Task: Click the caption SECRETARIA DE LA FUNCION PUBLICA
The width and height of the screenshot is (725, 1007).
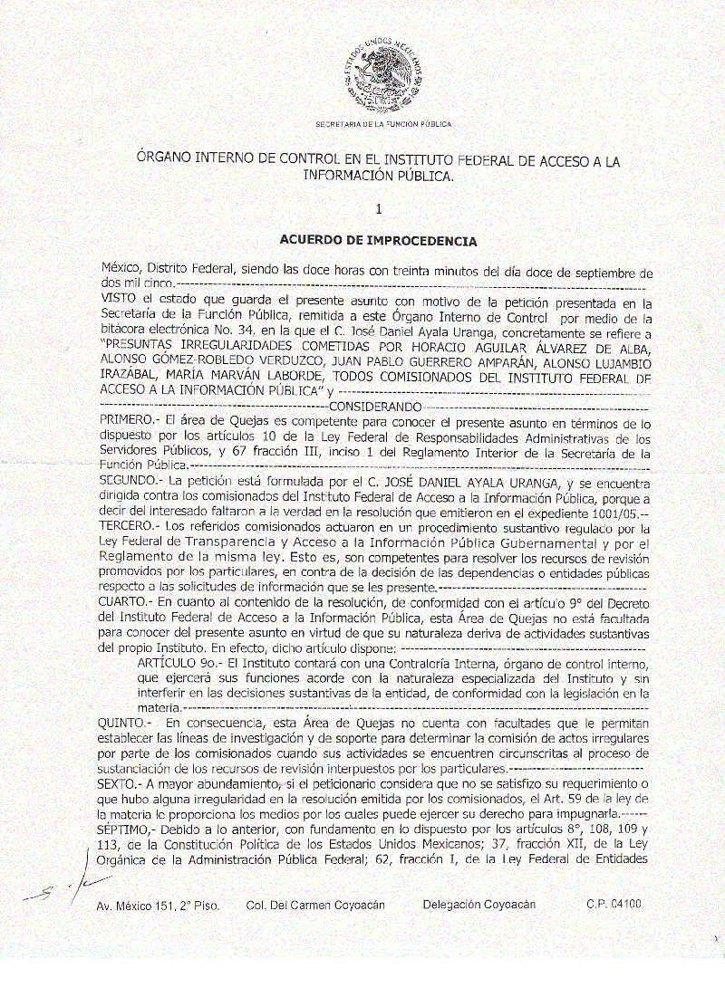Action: point(382,123)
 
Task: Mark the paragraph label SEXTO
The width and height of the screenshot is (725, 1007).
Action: point(119,782)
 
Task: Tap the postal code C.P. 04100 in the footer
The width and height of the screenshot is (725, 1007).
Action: point(614,905)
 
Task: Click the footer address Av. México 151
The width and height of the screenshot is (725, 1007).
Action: point(158,906)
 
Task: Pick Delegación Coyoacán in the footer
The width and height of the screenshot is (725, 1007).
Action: point(478,905)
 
